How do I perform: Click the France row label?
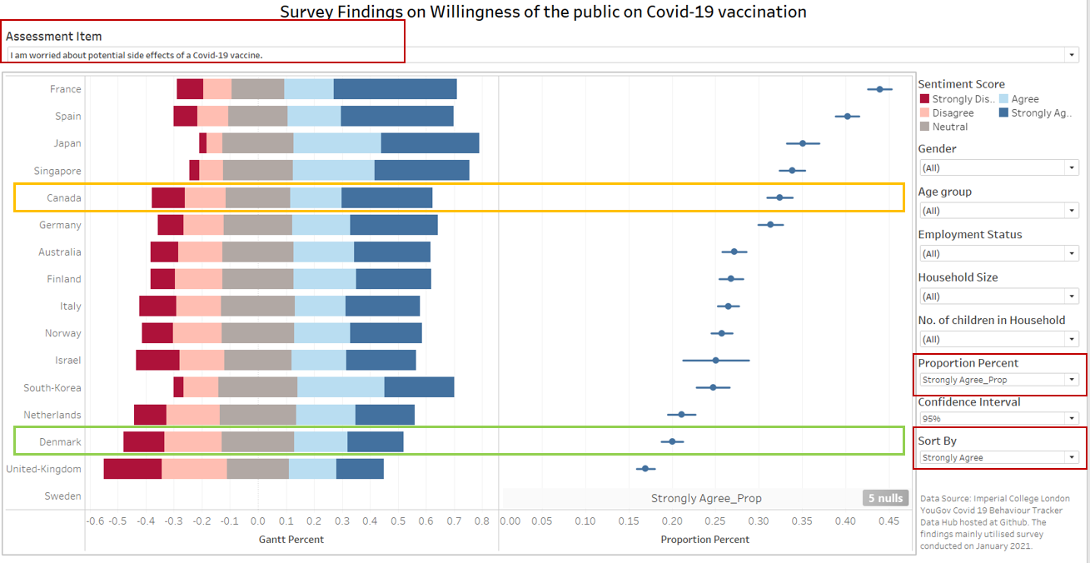(x=66, y=89)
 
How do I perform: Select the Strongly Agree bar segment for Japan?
(x=430, y=143)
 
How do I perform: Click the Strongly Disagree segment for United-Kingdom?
(x=132, y=469)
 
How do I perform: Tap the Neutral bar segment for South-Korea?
(x=257, y=387)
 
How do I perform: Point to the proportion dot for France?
(x=879, y=89)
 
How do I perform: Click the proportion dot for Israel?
(x=715, y=361)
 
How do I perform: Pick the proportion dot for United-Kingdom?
(x=645, y=469)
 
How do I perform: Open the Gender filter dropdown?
(x=998, y=167)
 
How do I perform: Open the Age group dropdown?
(x=998, y=211)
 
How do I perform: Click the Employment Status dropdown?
(x=998, y=253)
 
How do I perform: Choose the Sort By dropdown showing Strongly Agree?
(x=998, y=457)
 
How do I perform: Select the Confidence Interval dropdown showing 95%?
(x=998, y=418)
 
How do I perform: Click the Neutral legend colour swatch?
(x=924, y=127)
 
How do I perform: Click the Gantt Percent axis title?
(x=291, y=540)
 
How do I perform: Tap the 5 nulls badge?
(x=884, y=498)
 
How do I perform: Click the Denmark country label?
(x=60, y=441)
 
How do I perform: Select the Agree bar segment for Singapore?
(x=333, y=171)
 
